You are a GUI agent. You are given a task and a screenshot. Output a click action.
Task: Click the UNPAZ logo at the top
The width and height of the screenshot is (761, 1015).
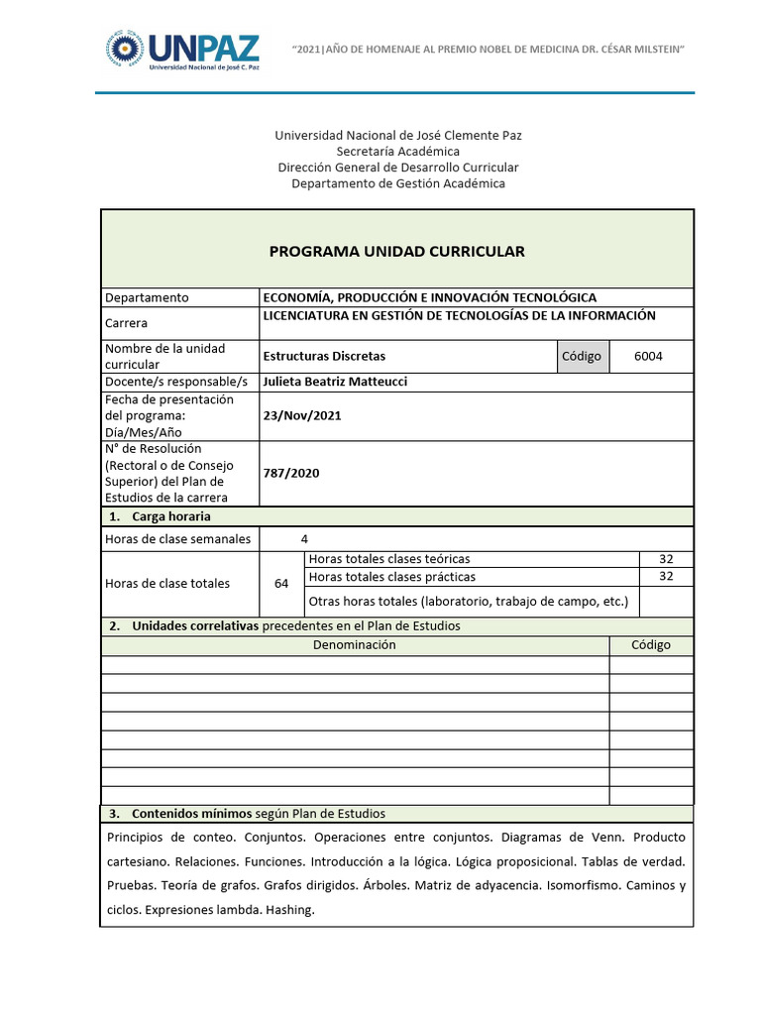(181, 51)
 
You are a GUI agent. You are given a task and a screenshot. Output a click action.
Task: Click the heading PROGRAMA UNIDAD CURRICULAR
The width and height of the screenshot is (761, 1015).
(396, 251)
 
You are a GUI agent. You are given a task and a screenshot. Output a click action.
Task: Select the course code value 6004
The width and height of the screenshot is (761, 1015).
(649, 356)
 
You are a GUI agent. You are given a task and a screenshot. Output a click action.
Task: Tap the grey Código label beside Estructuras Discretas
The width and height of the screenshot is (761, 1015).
(582, 356)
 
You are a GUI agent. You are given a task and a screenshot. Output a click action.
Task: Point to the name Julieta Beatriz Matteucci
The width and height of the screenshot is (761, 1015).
(335, 382)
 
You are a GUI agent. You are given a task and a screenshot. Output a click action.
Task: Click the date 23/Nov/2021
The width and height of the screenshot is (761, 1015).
(302, 415)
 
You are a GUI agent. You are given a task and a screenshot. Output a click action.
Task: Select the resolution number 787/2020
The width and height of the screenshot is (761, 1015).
(291, 473)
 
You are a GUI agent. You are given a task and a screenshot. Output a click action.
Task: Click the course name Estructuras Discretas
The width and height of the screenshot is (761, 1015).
(324, 356)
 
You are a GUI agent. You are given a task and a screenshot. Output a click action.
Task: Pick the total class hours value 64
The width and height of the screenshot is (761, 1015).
(281, 583)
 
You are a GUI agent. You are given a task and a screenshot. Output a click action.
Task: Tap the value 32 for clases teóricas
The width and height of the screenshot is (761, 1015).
(666, 559)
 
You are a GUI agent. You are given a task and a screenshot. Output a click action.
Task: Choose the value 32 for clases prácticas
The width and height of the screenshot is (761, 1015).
(666, 576)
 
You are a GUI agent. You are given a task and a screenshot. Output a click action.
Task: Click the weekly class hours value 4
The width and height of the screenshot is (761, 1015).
(304, 538)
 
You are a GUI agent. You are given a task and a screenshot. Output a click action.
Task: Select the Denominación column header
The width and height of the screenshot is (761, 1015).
(355, 644)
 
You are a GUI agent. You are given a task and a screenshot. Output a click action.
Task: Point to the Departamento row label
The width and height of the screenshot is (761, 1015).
(147, 297)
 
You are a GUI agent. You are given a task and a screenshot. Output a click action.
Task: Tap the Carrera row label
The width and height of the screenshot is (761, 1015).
(127, 323)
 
